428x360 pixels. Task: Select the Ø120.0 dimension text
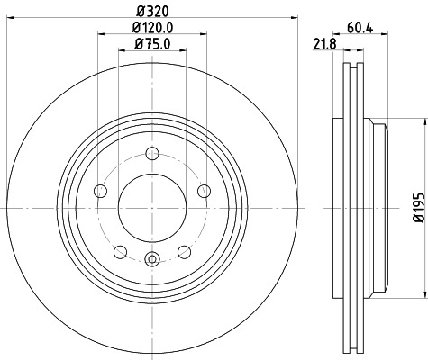(151, 28)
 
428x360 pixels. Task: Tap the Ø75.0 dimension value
(151, 43)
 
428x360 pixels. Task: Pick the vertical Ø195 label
(417, 207)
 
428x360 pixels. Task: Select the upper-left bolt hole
(101, 190)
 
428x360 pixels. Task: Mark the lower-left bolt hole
(120, 251)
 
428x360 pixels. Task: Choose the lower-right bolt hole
(184, 251)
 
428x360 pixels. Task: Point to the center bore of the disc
(151, 206)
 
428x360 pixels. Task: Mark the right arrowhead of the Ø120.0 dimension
(205, 36)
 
